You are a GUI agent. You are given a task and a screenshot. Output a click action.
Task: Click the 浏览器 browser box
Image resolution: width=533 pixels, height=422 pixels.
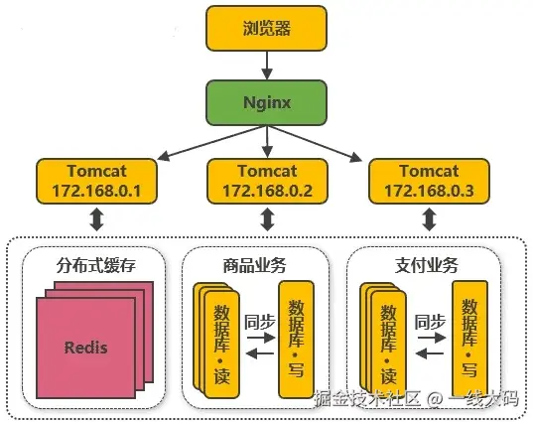(266, 28)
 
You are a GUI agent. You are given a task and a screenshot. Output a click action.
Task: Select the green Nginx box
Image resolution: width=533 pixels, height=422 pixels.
(266, 102)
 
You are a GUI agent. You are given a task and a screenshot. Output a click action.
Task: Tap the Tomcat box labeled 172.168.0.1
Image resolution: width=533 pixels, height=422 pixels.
(97, 182)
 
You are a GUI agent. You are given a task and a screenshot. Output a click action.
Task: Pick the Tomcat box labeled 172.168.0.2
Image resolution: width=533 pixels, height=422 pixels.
(268, 182)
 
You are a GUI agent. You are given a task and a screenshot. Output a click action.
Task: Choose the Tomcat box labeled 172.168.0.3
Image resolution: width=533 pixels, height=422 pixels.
(429, 182)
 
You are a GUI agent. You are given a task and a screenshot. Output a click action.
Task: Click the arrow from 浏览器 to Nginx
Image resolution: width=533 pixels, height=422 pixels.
(267, 66)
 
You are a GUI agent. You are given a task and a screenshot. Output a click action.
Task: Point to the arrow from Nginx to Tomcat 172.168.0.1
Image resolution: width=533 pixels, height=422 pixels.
(212, 143)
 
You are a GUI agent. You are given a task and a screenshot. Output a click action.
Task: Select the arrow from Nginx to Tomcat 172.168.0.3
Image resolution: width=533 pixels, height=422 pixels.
(315, 143)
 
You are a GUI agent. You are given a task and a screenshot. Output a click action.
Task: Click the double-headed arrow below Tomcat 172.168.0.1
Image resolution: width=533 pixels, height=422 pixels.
(97, 219)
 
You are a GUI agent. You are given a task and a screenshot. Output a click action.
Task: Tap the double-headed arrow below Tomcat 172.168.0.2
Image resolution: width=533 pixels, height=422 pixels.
(268, 219)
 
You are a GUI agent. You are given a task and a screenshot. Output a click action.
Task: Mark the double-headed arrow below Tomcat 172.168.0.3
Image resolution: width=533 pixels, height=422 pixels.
(429, 219)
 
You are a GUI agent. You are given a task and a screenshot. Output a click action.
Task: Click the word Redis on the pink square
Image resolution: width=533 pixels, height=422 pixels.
(86, 348)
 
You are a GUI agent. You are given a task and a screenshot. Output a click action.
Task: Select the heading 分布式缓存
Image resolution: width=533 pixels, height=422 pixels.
(96, 265)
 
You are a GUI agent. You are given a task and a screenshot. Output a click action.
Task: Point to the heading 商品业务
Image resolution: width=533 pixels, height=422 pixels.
(255, 265)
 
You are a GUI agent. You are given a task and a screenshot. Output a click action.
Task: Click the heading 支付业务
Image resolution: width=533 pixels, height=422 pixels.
(426, 265)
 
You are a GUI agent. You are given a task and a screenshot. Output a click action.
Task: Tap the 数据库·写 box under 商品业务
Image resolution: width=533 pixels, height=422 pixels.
(296, 340)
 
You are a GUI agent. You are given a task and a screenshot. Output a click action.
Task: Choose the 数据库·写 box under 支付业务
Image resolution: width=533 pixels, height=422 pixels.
(469, 340)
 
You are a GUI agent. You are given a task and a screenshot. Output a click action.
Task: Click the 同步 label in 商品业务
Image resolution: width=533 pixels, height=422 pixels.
(260, 322)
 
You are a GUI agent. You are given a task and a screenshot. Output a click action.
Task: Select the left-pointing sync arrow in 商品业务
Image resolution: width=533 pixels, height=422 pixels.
(260, 354)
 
